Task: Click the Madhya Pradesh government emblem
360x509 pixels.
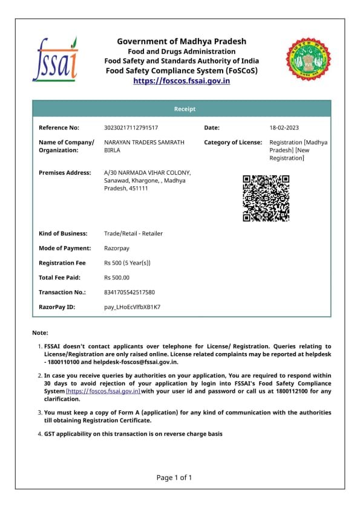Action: click(309, 60)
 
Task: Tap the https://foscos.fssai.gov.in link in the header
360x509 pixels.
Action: click(182, 80)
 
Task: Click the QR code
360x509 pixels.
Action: click(266, 198)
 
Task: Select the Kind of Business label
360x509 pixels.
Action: click(63, 233)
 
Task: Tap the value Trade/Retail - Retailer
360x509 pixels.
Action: click(133, 233)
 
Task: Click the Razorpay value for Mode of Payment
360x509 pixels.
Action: click(117, 248)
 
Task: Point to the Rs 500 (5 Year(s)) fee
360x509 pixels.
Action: click(127, 263)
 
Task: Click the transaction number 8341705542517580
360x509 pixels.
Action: click(129, 292)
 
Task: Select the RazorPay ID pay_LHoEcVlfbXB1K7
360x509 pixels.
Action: click(132, 307)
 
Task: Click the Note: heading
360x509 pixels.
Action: click(40, 333)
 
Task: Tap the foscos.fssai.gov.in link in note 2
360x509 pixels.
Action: click(103, 391)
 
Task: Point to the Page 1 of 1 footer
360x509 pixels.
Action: click(174, 478)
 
